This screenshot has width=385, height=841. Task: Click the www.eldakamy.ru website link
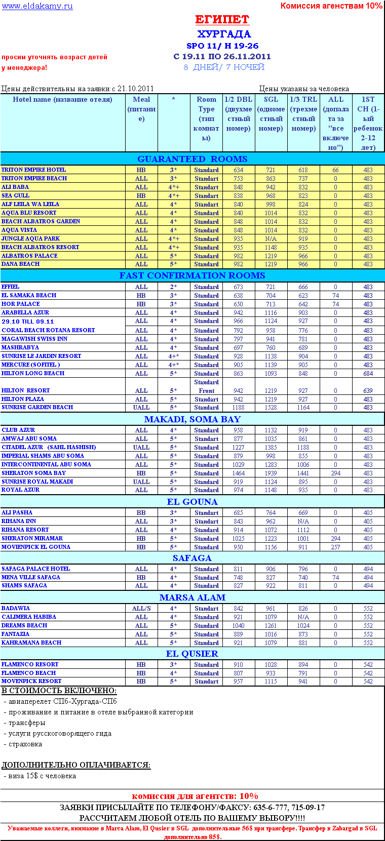(x=37, y=6)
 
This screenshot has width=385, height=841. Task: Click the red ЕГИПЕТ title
(x=222, y=20)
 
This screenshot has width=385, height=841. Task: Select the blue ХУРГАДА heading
(x=224, y=34)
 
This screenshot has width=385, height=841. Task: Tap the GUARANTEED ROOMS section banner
(x=192, y=159)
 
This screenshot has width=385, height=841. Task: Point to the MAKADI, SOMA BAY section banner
(x=192, y=419)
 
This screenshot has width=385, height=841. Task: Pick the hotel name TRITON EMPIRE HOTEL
(x=33, y=170)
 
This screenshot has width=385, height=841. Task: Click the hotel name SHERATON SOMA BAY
(x=33, y=473)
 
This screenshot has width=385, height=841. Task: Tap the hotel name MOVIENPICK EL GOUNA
(x=36, y=547)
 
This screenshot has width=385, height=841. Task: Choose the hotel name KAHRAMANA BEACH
(x=31, y=643)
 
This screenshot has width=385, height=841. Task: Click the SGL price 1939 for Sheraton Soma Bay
(x=271, y=473)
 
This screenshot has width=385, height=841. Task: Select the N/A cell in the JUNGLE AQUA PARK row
(x=271, y=239)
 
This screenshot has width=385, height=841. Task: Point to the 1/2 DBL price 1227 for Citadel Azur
(x=238, y=448)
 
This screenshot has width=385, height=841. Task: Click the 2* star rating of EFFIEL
(x=173, y=287)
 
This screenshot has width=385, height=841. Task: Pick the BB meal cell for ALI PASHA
(x=141, y=513)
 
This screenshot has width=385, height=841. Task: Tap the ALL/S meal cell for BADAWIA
(x=141, y=609)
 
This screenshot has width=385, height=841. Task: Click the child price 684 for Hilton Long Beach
(x=368, y=374)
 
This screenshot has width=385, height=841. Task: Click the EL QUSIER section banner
(x=192, y=654)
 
